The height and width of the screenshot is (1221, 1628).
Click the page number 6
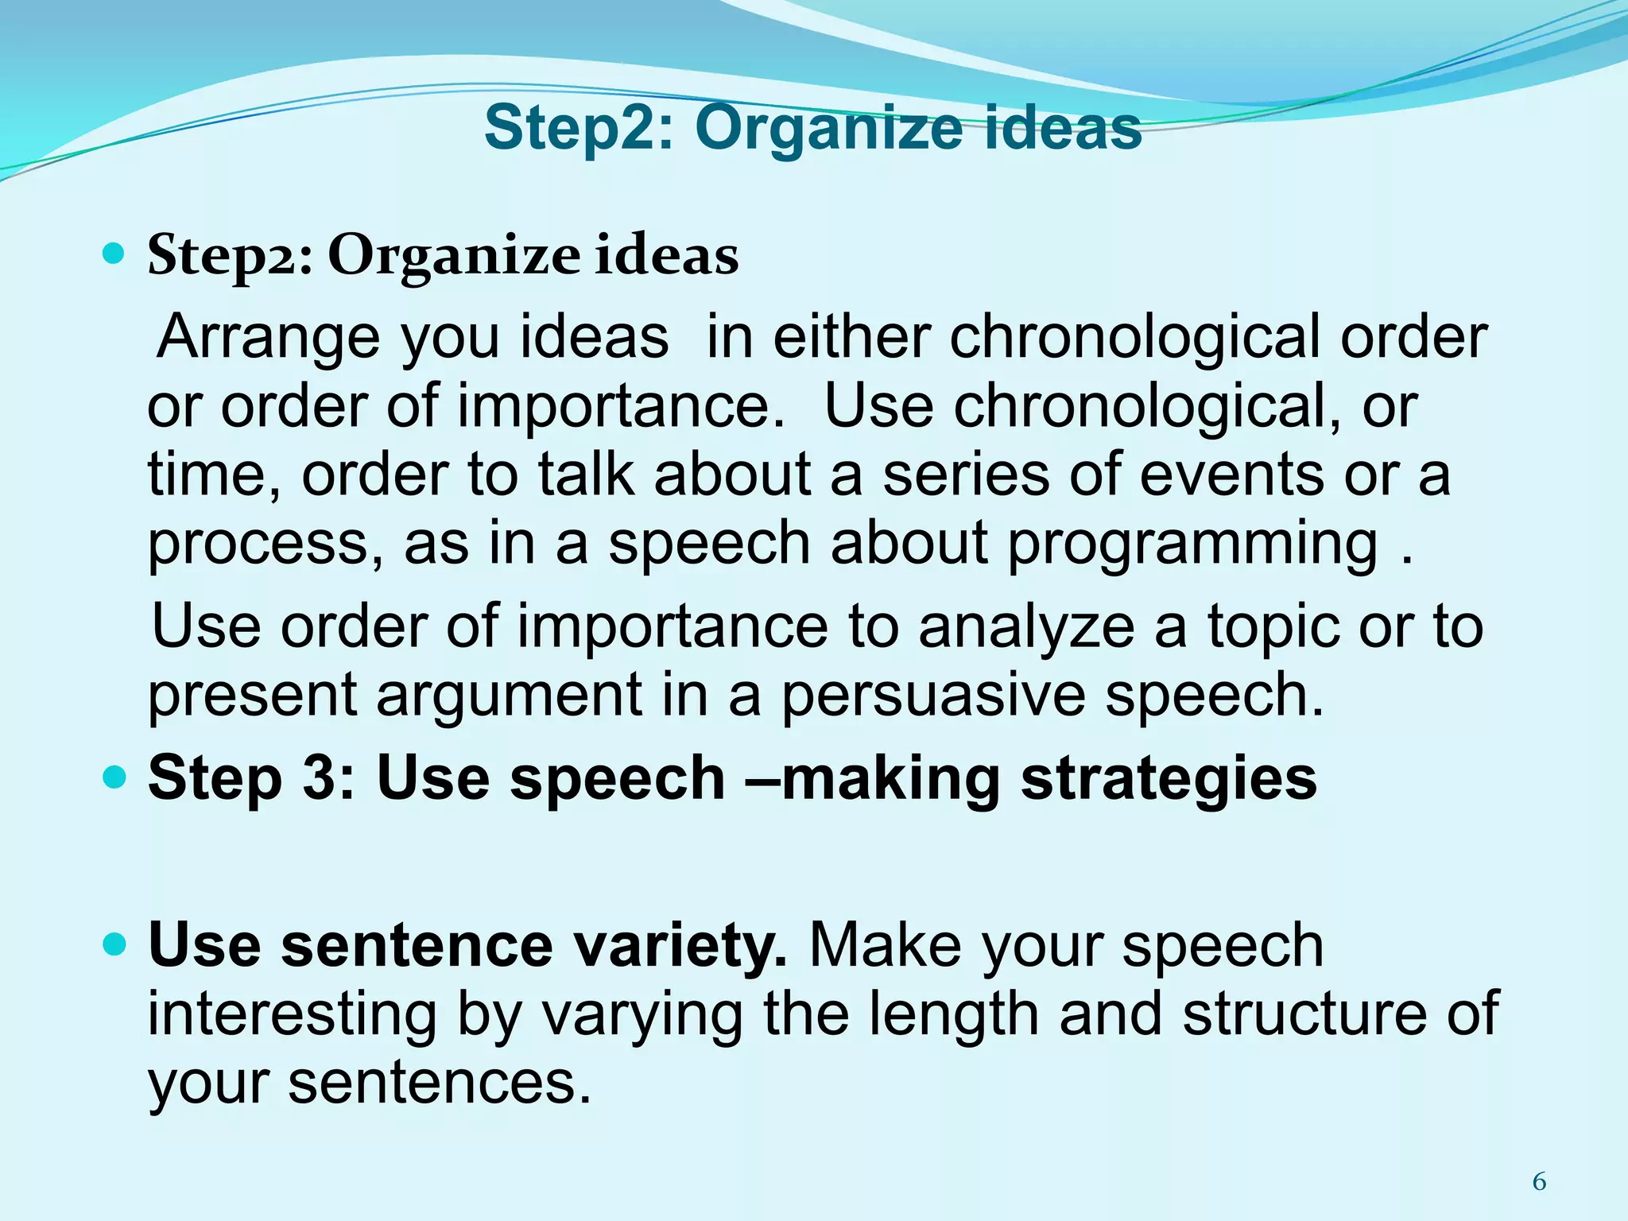point(1539,1182)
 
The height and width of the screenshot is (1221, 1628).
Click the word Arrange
point(269,337)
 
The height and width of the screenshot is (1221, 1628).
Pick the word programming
point(1192,544)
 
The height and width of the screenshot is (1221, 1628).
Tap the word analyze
point(1026,626)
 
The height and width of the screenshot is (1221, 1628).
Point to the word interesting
point(292,1014)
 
